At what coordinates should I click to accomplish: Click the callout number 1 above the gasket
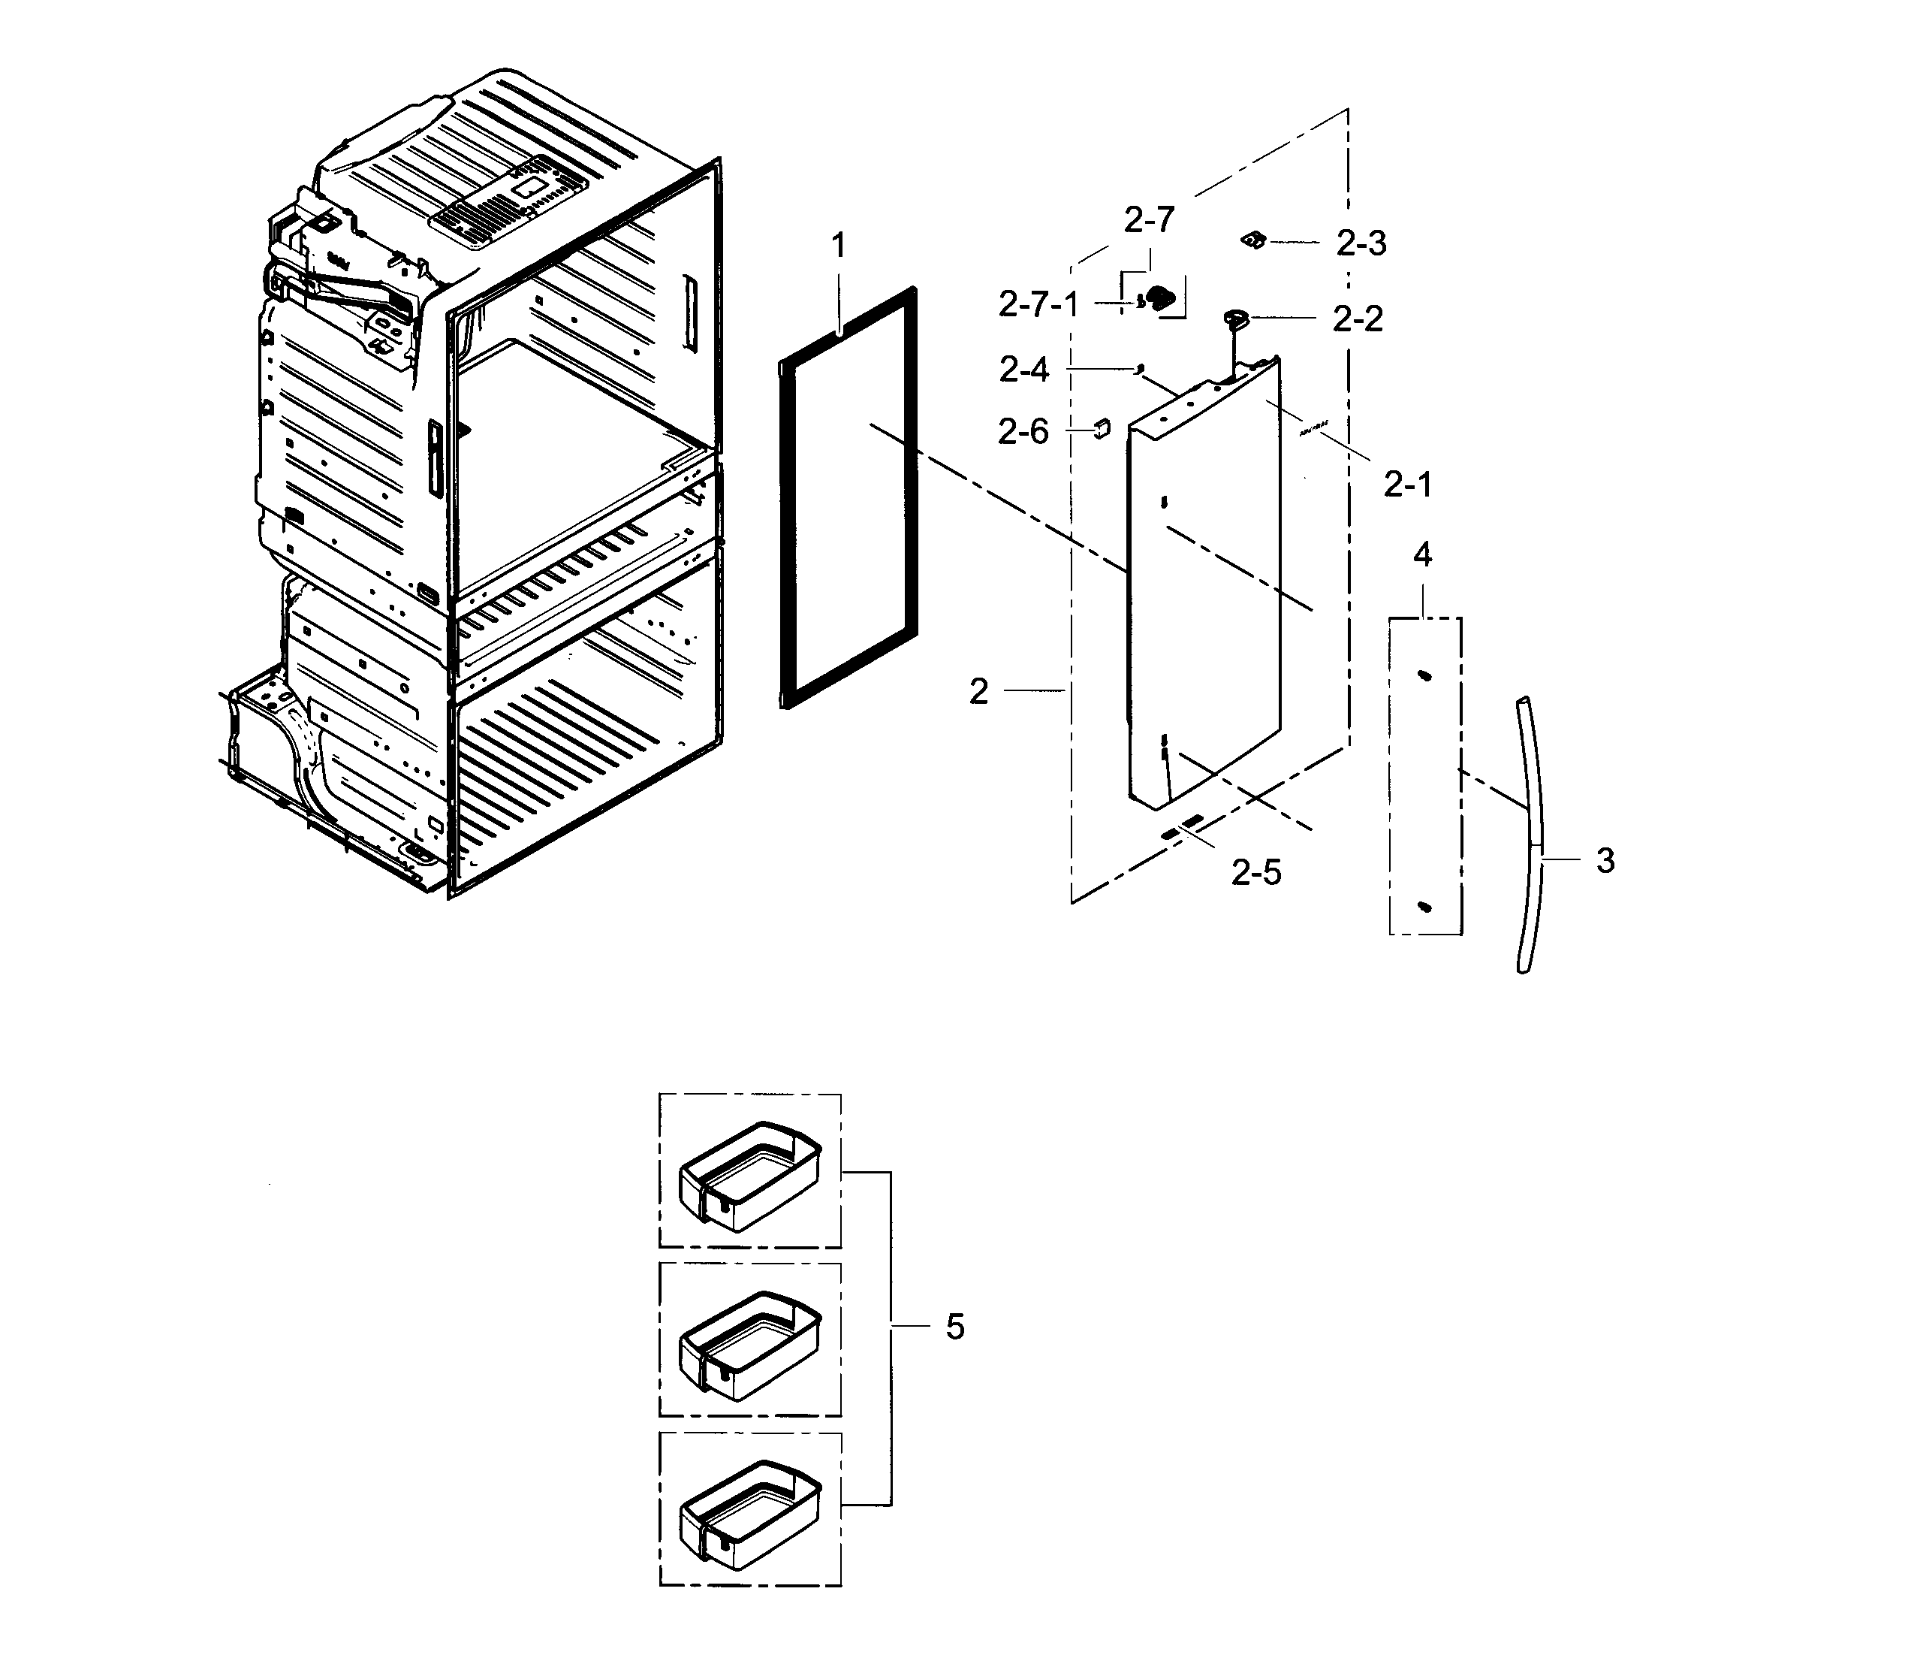point(838,247)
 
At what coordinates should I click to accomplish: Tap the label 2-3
point(1361,243)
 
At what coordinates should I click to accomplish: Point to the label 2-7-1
point(1038,304)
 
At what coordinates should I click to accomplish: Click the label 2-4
point(1024,370)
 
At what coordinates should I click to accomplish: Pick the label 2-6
point(1023,432)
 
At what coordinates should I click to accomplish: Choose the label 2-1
point(1407,484)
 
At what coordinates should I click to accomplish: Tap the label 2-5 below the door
point(1256,872)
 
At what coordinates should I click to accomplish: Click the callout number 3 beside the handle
point(1605,861)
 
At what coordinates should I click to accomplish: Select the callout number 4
point(1422,555)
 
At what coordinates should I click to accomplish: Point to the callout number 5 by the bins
point(955,1327)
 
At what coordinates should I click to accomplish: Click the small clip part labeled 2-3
point(1254,240)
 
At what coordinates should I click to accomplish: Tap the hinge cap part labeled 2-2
point(1237,319)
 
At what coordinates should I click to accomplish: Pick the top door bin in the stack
point(750,1175)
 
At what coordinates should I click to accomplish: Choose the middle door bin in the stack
point(750,1344)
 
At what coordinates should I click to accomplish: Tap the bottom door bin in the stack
point(750,1513)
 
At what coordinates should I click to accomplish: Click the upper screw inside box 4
point(1424,676)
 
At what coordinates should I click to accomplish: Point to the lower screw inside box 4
point(1426,906)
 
